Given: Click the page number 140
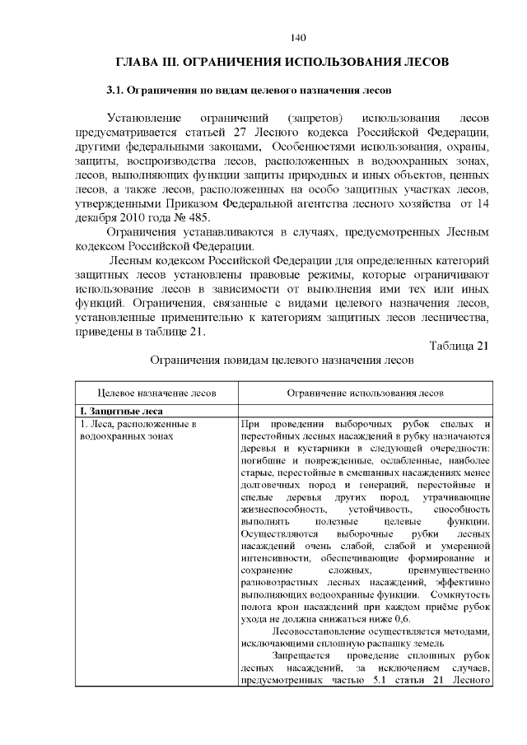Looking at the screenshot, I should click(298, 37).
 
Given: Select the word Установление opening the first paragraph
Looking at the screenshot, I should click(141, 117).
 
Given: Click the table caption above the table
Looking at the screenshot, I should click(281, 361).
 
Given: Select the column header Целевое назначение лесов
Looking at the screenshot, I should click(156, 393).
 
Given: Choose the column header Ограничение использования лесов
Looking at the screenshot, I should click(365, 393).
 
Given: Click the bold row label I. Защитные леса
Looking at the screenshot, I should click(120, 411).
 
